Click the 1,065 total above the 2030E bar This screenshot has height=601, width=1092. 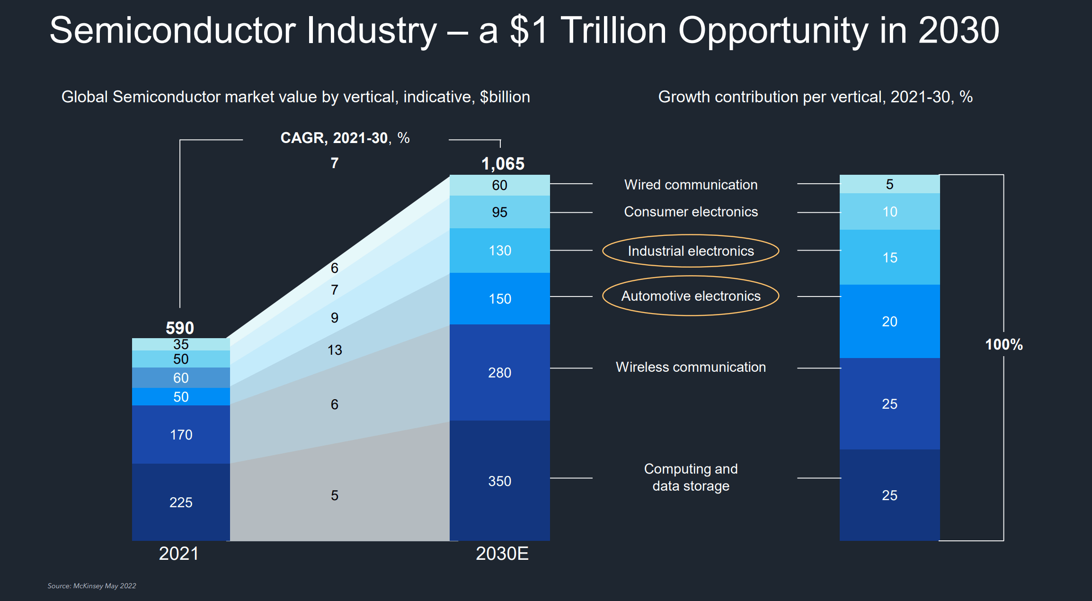[503, 164]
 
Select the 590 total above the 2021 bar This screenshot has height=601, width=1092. [180, 328]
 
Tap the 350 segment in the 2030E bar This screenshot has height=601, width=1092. [500, 481]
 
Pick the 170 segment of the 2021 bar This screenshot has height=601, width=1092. [181, 434]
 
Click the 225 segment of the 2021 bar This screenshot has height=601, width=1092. [181, 502]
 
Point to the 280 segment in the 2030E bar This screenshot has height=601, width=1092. [500, 373]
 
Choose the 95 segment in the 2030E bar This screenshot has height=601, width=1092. [500, 212]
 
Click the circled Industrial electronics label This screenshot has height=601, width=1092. [691, 251]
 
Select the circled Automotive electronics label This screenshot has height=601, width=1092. [691, 296]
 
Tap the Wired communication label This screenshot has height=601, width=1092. [691, 185]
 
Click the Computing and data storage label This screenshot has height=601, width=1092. [691, 477]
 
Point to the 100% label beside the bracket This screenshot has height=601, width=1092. [1003, 344]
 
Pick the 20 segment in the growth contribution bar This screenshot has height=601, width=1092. [889, 322]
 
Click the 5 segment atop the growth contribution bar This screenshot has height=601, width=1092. [889, 184]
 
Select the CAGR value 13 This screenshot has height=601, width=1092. [335, 350]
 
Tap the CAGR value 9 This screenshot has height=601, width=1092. [335, 318]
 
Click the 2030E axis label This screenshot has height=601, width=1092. [502, 554]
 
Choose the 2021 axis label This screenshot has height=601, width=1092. [179, 554]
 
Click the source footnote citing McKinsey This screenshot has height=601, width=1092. [92, 586]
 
